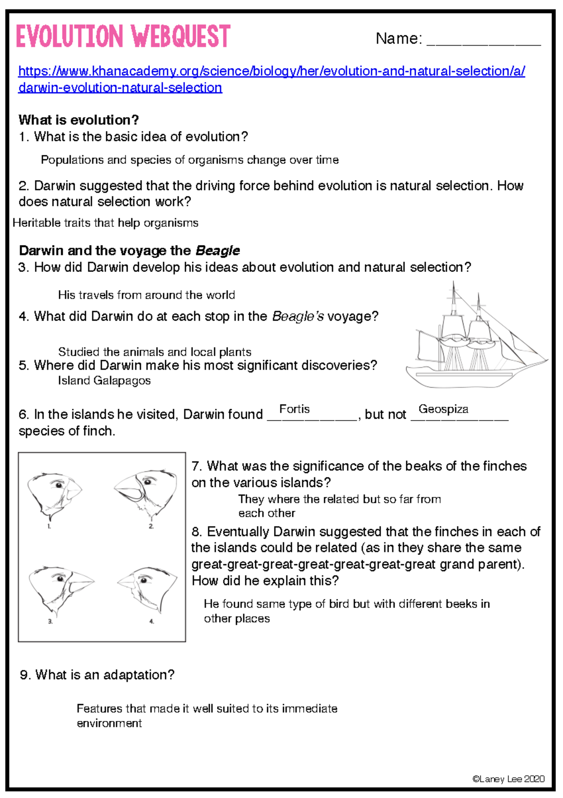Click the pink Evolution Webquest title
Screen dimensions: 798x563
point(123,37)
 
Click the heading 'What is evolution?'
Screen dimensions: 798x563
point(79,120)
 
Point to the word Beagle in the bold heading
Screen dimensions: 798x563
point(218,251)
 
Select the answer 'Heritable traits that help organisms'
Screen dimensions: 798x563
point(106,223)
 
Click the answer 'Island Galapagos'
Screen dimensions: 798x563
point(104,381)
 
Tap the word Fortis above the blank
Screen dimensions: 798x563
point(294,409)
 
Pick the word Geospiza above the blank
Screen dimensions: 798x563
point(443,409)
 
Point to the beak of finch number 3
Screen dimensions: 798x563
point(81,581)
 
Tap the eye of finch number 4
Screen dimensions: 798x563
point(144,580)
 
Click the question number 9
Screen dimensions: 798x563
point(25,675)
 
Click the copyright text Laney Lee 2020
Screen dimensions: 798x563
point(508,779)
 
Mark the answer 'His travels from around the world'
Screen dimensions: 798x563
point(146,295)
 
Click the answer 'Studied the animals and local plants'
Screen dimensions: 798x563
point(155,352)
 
